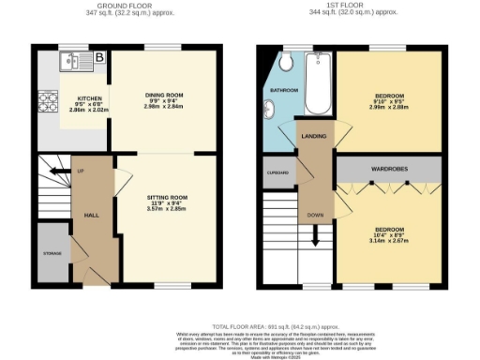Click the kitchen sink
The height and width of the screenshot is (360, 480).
coord(67,63)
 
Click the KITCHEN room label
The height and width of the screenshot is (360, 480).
coord(89,97)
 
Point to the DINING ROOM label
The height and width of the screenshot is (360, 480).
coord(164,95)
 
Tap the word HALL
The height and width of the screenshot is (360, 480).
coord(93,215)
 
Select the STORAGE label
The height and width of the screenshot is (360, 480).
coord(52,252)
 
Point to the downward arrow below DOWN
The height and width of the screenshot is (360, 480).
coord(315,238)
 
